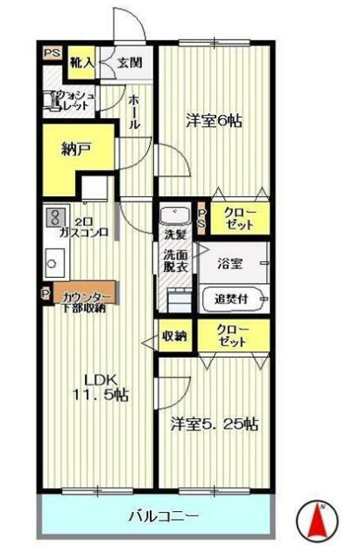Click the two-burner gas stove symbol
tap(55, 217)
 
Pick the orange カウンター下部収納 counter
tap(83, 298)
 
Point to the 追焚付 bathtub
tap(232, 298)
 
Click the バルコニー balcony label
tap(159, 515)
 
